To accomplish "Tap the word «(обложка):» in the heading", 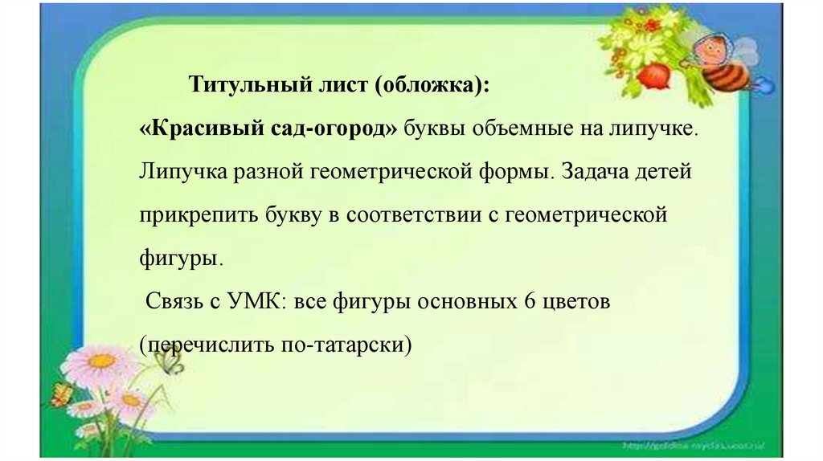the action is pyautogui.click(x=432, y=85).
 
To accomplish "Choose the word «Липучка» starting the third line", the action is pyautogui.click(x=183, y=172).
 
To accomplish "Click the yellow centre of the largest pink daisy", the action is pyautogui.click(x=102, y=361).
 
